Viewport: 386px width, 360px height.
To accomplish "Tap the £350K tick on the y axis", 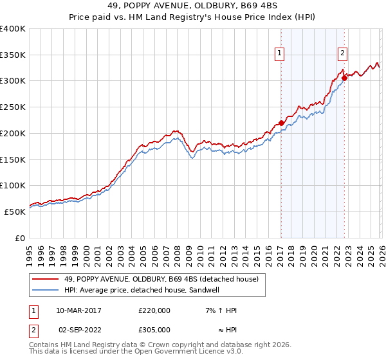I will point(13,55).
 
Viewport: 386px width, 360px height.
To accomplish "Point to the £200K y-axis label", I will point(13,133).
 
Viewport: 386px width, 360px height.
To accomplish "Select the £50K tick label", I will point(15,212).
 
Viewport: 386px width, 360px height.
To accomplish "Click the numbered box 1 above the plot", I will point(281,53).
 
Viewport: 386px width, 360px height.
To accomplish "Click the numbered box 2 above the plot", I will point(343,53).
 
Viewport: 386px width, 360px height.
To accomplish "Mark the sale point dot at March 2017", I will point(281,123).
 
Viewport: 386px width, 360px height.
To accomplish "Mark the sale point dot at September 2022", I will point(344,78).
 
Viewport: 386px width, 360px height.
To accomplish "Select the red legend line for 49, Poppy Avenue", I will point(45,279).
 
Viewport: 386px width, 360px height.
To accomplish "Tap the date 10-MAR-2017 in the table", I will point(78,310).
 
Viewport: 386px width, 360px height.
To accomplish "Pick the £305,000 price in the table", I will point(154,329).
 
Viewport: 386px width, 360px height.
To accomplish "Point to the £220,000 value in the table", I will point(154,310).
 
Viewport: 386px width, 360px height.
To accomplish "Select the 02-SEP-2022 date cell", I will point(78,329).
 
